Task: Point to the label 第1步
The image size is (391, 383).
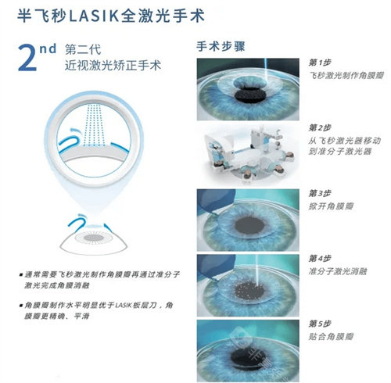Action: (321, 62)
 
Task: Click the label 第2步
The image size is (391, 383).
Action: (321, 127)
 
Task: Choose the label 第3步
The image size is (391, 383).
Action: (321, 191)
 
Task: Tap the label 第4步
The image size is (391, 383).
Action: (321, 257)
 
